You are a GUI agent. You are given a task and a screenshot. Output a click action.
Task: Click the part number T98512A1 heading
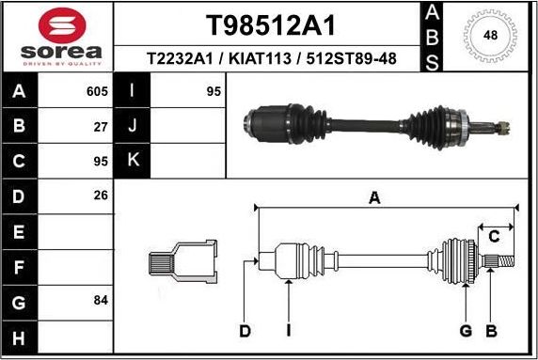[271, 25]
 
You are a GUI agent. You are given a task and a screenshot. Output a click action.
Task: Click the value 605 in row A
[97, 92]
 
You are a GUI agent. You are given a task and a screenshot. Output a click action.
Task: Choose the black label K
[133, 161]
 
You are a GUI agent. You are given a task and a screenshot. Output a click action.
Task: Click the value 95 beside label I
[212, 92]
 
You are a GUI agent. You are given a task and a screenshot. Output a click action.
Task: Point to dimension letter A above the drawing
[374, 197]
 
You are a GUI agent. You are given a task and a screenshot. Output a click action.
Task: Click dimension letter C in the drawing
[493, 237]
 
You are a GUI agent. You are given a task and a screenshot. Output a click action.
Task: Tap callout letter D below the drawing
[245, 330]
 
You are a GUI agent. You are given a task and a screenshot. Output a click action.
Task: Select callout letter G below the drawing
[466, 330]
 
